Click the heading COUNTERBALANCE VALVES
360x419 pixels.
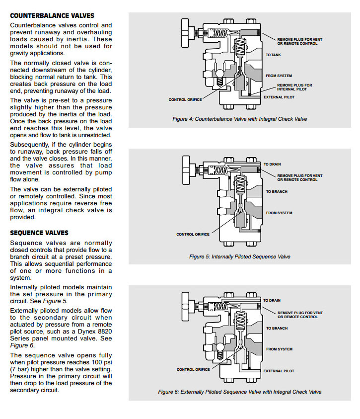(x=52, y=16)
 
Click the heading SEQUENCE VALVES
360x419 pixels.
(x=39, y=233)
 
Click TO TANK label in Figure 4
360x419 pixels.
(x=273, y=55)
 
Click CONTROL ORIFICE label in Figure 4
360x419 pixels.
(x=185, y=100)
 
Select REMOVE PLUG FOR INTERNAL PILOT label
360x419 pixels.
(x=294, y=86)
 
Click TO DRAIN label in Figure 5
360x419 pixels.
(x=272, y=164)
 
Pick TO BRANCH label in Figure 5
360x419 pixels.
(x=277, y=191)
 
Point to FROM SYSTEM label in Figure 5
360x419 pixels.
(x=279, y=213)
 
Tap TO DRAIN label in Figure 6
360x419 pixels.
(x=272, y=301)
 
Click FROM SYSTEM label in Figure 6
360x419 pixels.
(x=279, y=349)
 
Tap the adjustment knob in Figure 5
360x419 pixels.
(x=186, y=169)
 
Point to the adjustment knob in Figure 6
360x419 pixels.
(x=186, y=305)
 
